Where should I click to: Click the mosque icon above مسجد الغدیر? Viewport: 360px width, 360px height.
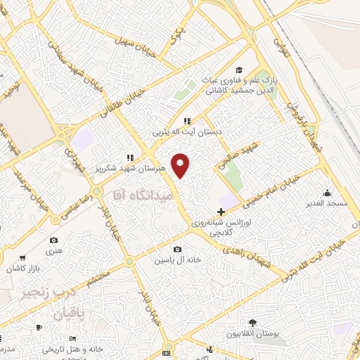coord(327,192)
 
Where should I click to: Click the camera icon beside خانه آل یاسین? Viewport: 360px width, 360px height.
coord(177,250)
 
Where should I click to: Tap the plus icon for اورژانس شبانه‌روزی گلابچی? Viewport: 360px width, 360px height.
coord(221,212)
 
